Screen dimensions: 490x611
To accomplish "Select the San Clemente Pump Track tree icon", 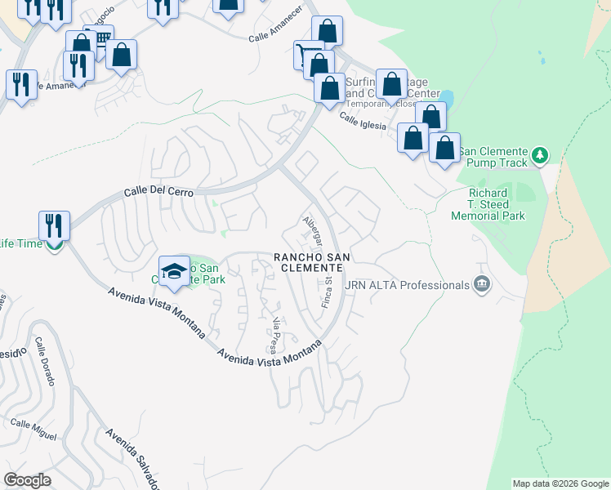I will pos(538,154).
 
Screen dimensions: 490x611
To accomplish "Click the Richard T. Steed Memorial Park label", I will pos(488,204).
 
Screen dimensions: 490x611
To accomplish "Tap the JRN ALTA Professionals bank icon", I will pos(482,284).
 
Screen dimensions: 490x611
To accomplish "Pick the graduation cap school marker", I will pos(174,272).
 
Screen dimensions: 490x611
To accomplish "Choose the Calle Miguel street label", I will pos(33,429).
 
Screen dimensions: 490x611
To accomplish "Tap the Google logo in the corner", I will pos(27,480).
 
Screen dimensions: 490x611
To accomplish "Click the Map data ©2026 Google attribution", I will pos(560,483).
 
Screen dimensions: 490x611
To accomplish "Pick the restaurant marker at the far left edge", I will pos(20,83).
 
